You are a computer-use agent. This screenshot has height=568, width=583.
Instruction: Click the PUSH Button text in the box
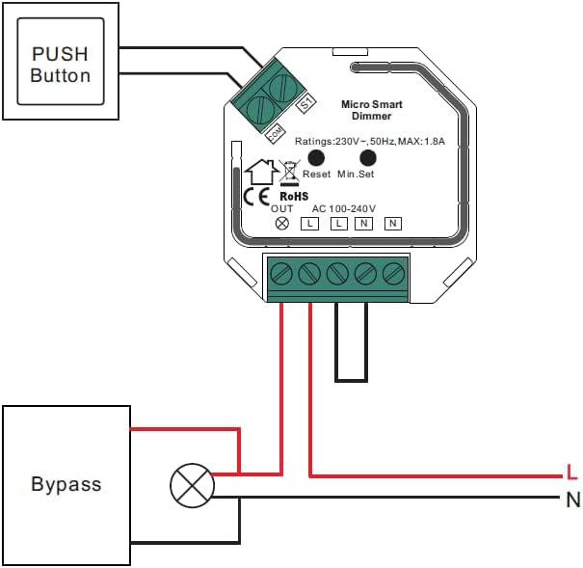(x=61, y=64)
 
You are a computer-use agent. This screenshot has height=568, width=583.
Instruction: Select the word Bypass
(x=66, y=484)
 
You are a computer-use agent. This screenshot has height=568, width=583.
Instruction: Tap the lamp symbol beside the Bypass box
(x=191, y=484)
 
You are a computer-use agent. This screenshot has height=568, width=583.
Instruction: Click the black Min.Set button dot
(x=367, y=157)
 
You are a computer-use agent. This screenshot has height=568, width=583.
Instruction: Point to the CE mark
(x=255, y=196)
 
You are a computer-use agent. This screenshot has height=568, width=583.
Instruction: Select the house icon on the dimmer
(x=261, y=173)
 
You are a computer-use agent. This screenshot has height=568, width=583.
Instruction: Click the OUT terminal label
(x=282, y=208)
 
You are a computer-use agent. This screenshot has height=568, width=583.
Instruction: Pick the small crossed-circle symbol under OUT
(x=282, y=223)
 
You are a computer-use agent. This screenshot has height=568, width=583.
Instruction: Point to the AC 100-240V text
(x=344, y=208)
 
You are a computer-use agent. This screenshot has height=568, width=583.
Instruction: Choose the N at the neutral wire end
(x=572, y=500)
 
